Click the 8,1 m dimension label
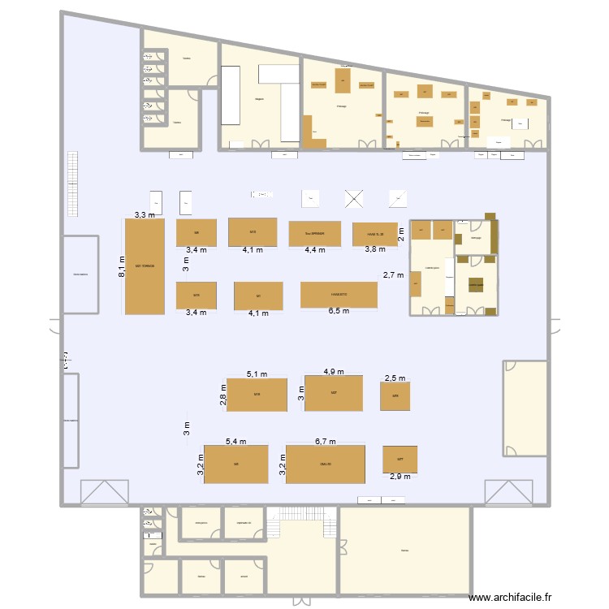[x=121, y=265]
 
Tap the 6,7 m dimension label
[x=325, y=441]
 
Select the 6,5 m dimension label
[x=339, y=312]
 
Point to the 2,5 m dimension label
[x=395, y=378]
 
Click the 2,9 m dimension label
[x=400, y=477]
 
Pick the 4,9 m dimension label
[x=334, y=372]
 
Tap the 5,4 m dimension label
[x=235, y=441]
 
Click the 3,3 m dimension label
[x=145, y=215]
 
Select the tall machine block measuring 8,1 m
[x=145, y=266]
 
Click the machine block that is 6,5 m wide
[x=339, y=295]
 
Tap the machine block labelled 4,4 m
[x=314, y=234]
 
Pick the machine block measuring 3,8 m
[x=375, y=234]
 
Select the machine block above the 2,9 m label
[x=400, y=459]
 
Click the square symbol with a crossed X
[x=354, y=199]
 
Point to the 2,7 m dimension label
[x=394, y=275]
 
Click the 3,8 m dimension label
[x=375, y=250]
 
